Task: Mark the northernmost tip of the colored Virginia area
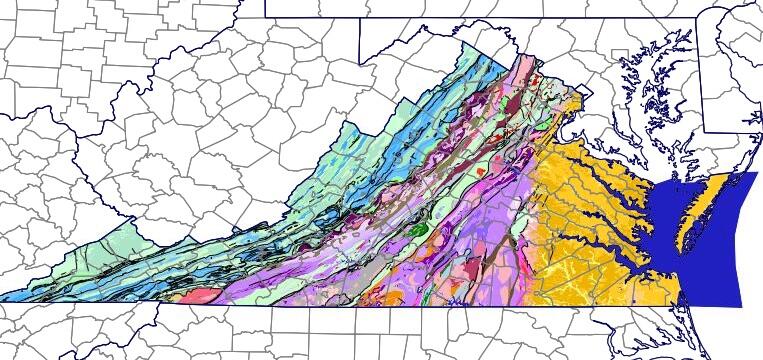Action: click(517, 55)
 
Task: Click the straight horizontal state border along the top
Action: click(450, 17)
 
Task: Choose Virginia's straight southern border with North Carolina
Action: click(400, 305)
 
